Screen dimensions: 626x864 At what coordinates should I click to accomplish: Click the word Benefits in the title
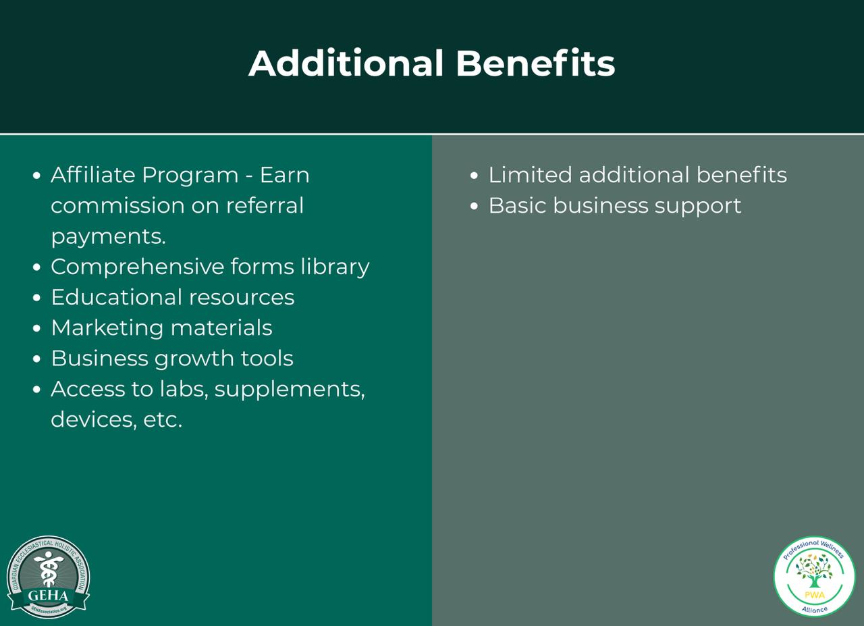click(x=535, y=63)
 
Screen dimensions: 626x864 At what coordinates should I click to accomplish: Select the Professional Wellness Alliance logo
click(x=815, y=576)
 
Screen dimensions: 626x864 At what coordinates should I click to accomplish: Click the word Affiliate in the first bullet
click(x=93, y=175)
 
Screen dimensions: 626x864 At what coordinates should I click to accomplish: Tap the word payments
click(x=108, y=236)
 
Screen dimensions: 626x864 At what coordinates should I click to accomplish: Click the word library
click(x=335, y=267)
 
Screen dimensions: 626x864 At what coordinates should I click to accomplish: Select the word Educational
click(x=116, y=297)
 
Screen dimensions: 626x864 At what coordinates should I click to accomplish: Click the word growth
click(x=193, y=359)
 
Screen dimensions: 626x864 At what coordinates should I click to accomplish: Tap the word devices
click(x=93, y=419)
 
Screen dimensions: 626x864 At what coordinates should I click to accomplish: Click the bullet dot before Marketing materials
click(x=37, y=329)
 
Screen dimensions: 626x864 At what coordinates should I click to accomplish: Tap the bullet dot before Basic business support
click(x=475, y=207)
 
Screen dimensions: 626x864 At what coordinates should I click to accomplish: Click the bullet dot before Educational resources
click(x=37, y=298)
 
